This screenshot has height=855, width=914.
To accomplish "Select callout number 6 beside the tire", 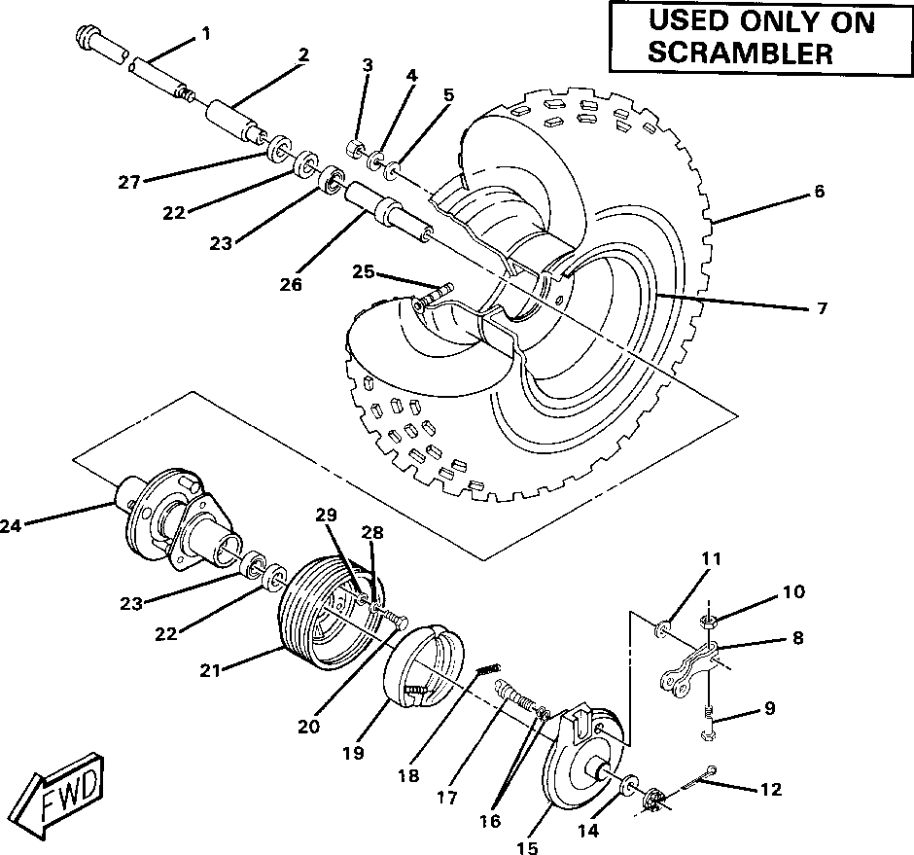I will point(819,193).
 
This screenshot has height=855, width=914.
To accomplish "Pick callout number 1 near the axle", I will point(205,34).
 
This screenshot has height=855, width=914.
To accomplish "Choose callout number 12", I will point(770,790).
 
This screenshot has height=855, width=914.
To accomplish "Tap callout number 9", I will point(770,708).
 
